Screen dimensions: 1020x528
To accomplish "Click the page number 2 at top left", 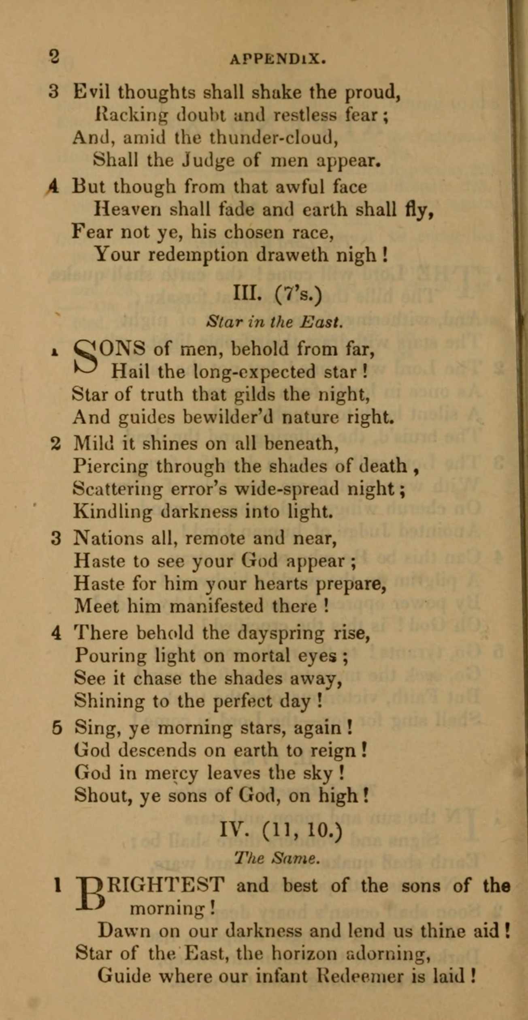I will [54, 56].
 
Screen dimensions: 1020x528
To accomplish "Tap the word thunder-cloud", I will [274, 138].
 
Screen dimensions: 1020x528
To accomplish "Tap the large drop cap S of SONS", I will [86, 360].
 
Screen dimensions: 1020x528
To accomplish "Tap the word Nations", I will [109, 539].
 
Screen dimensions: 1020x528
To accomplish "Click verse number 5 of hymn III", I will [57, 729].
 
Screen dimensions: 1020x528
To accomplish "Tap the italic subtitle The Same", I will [277, 859].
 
